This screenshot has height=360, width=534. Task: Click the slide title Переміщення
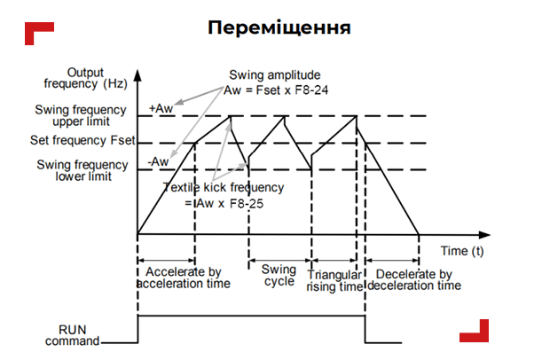tap(279, 27)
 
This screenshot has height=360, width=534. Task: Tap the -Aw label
tap(159, 162)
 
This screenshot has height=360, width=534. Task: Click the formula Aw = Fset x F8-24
tap(276, 90)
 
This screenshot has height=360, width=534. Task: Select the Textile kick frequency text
tap(224, 187)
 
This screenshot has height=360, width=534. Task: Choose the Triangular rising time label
tap(334, 281)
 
